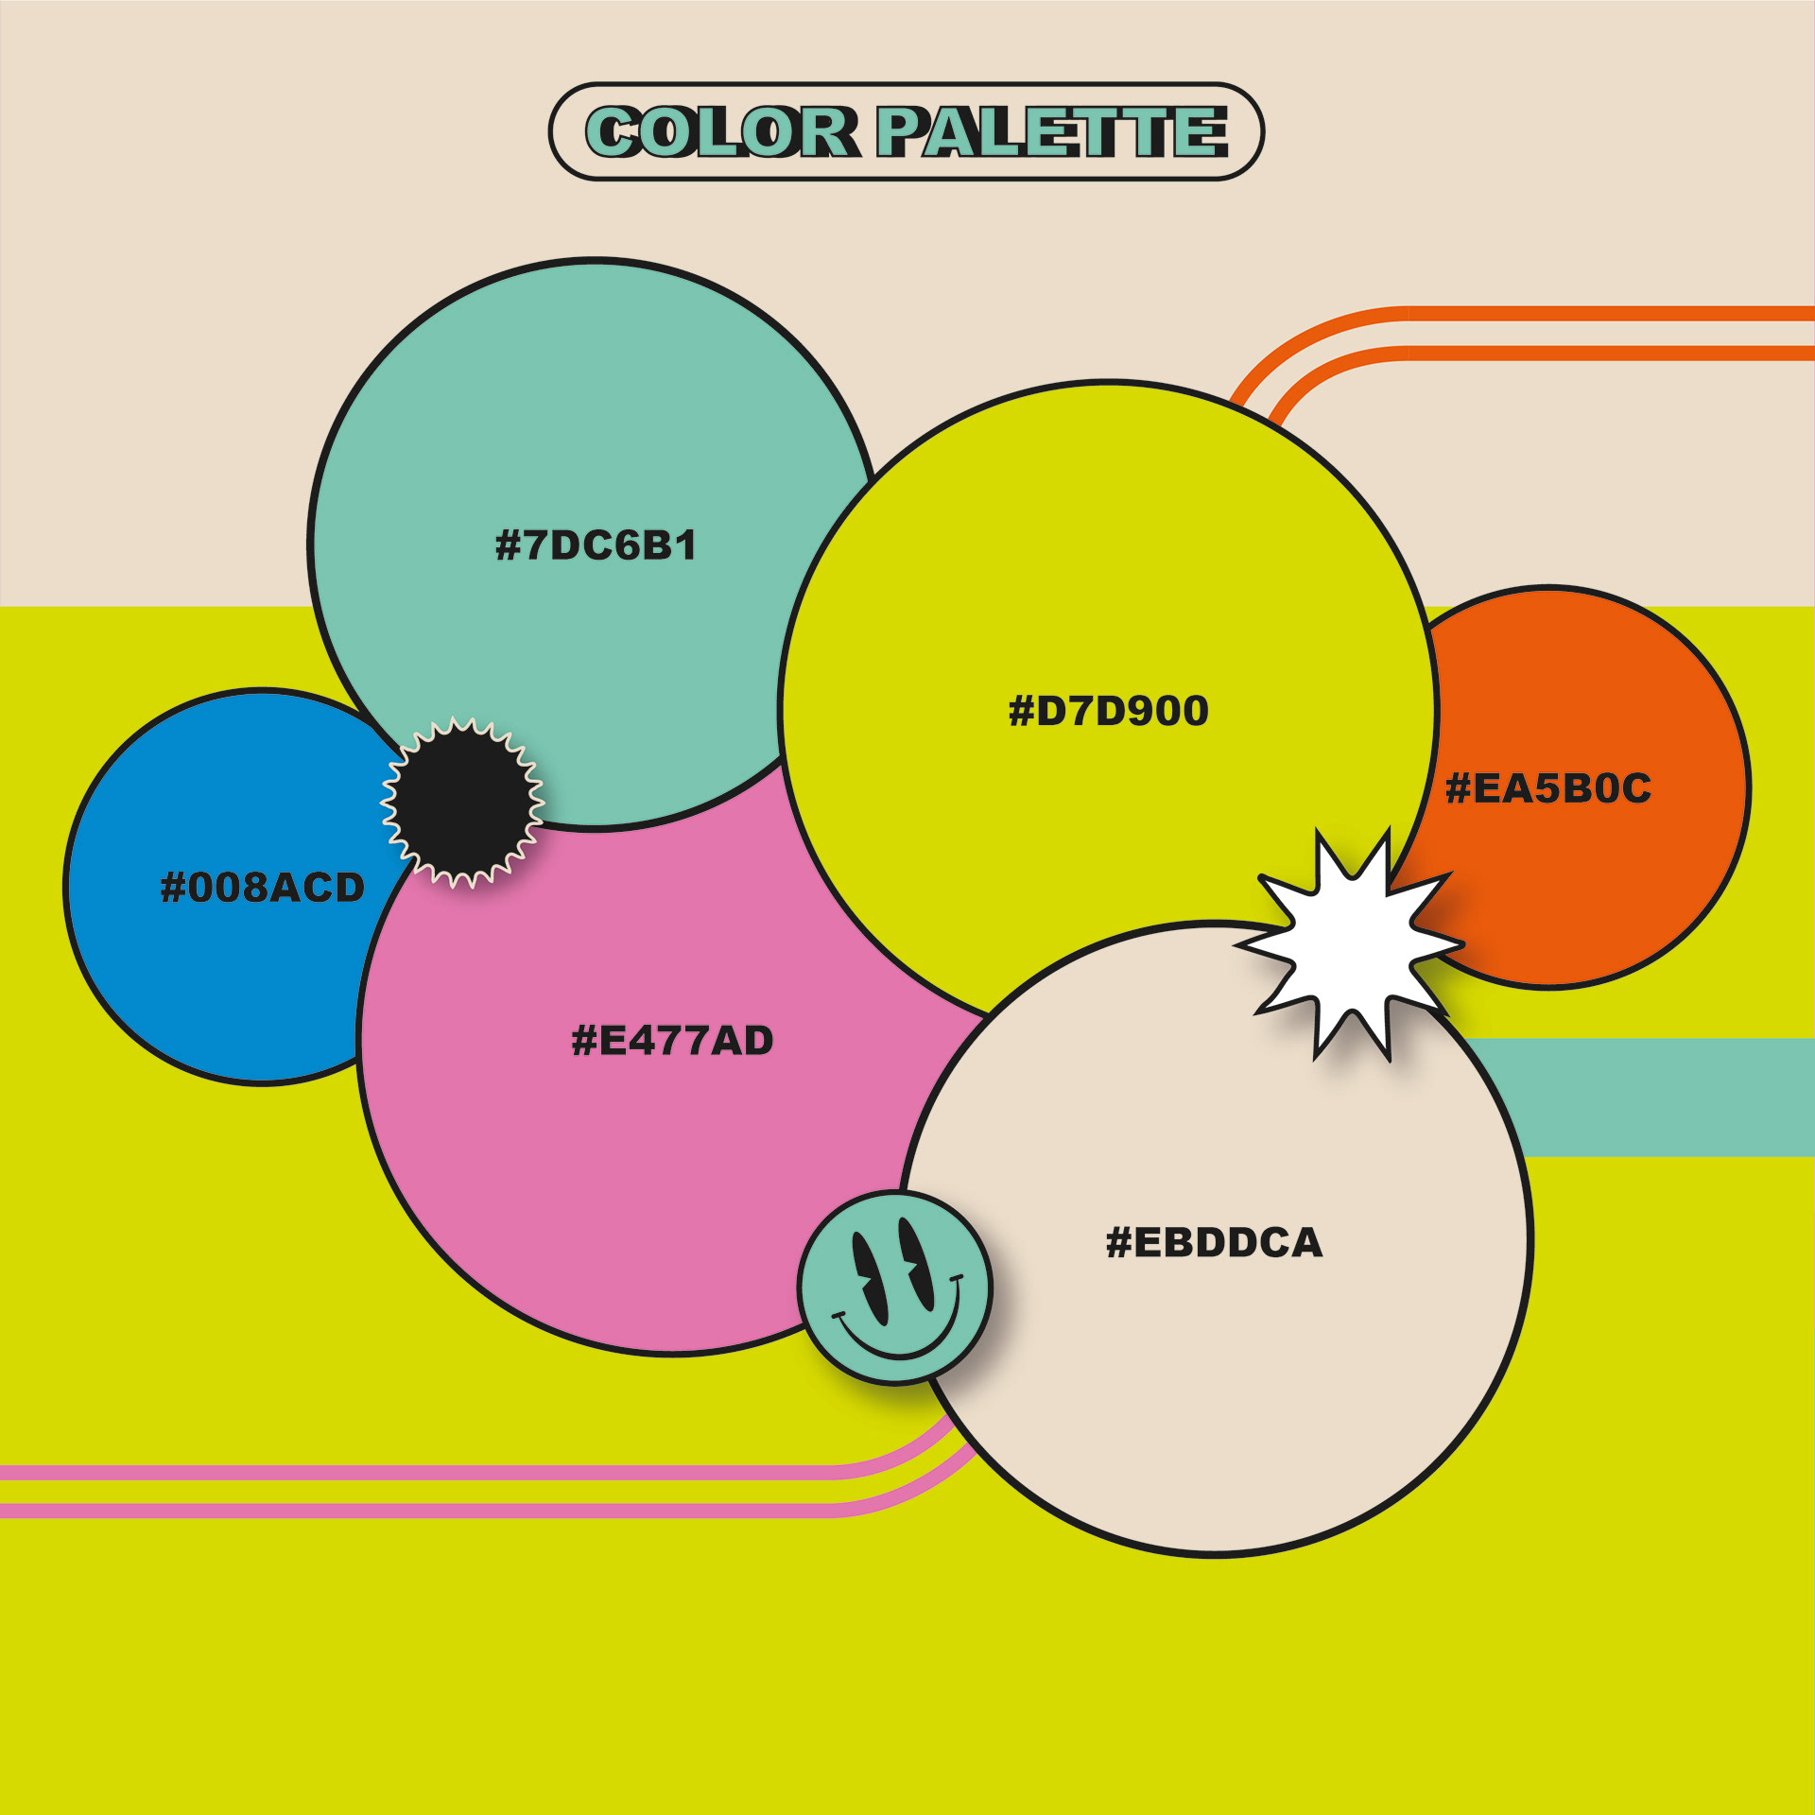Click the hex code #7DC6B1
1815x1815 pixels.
point(596,545)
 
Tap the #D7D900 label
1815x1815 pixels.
point(1108,711)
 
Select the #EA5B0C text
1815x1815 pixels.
point(1548,788)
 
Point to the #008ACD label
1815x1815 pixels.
point(263,887)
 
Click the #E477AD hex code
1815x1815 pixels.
point(672,1041)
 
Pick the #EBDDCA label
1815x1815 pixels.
point(1214,1242)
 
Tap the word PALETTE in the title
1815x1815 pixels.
point(1052,131)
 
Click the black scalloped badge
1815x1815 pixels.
point(462,802)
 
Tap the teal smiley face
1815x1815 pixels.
point(894,1288)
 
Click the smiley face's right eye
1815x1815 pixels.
point(916,1257)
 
